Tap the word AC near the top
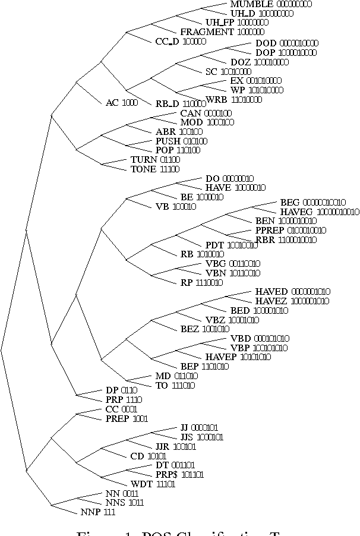point(112,103)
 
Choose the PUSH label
point(168,141)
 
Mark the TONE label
point(143,169)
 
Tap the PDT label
point(214,245)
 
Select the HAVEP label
point(222,357)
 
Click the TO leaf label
point(162,385)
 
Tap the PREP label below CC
point(117,418)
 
